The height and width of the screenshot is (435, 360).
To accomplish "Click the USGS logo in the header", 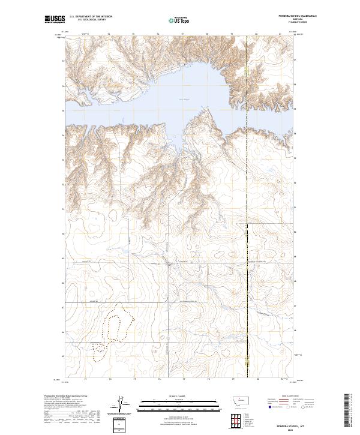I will (55, 19).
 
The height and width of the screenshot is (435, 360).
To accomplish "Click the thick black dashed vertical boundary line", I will (248, 210).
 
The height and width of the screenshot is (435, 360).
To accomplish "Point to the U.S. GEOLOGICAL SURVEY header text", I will (88, 20).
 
